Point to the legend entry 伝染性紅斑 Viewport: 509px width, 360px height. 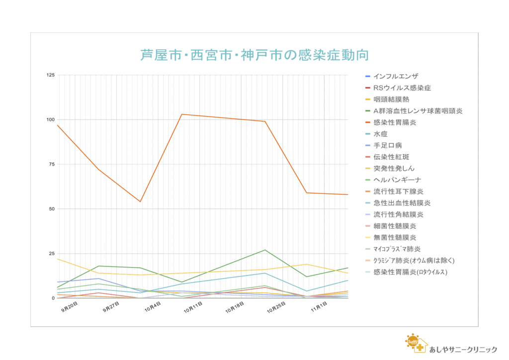[x=391, y=157]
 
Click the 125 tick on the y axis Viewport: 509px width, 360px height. [x=50, y=75]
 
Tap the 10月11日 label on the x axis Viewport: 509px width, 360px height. [x=192, y=308]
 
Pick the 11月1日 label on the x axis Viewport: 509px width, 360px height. [x=318, y=308]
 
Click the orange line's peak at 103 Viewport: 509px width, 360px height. [x=182, y=114]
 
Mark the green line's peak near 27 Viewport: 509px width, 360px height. [x=265, y=250]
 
